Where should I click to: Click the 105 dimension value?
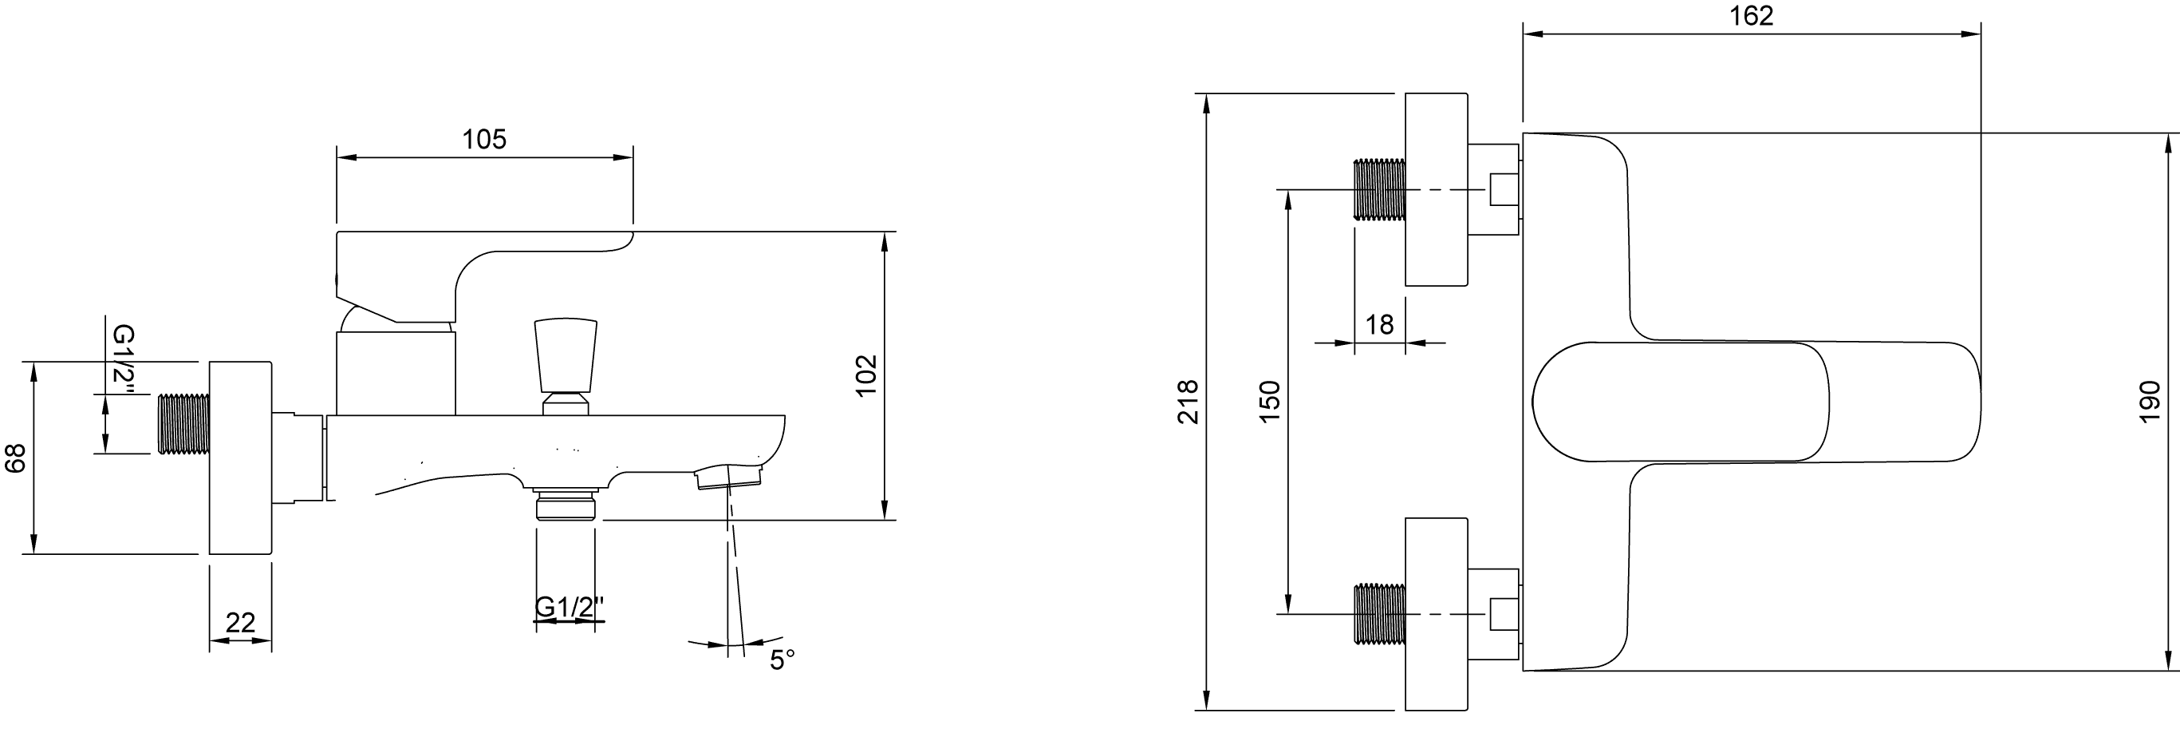coord(484,140)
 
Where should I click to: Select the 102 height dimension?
coord(865,375)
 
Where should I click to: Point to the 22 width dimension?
coord(240,623)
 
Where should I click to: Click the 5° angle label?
coord(782,660)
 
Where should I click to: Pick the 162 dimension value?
coord(1752,16)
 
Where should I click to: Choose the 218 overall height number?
coord(1189,402)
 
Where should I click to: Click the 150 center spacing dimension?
coord(1270,402)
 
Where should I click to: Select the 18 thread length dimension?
coord(1379,324)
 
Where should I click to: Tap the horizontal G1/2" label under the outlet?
coord(570,607)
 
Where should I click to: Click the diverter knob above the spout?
coord(566,355)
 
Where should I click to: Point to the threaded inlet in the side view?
coord(183,423)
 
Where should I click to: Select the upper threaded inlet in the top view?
coord(1379,190)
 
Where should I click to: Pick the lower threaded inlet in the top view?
coord(1379,614)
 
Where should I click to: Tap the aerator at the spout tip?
coord(727,478)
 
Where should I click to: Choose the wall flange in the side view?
coord(240,458)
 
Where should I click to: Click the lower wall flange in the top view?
coord(1435,614)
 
